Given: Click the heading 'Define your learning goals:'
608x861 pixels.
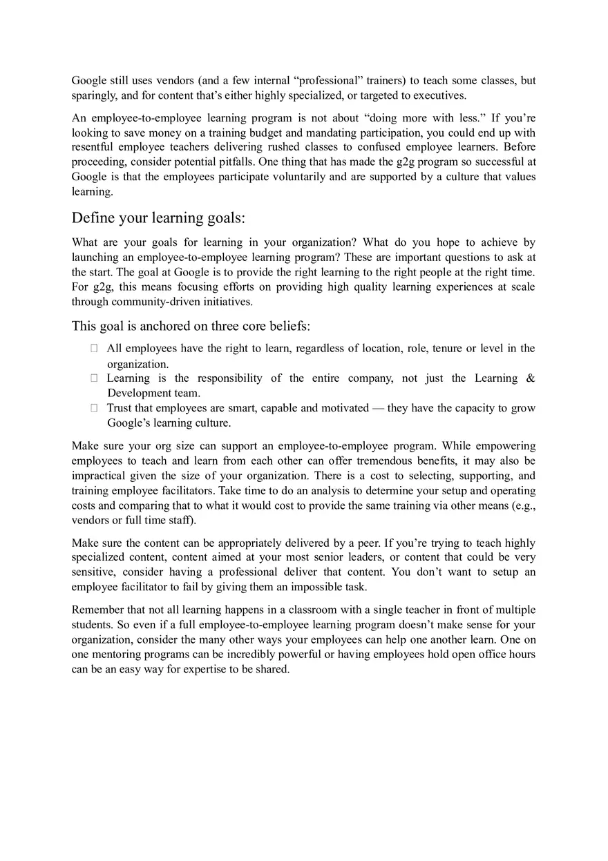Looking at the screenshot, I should [158, 218].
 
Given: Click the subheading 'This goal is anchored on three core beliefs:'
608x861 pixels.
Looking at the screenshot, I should [191, 326].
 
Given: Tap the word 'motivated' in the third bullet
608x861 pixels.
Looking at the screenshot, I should [345, 408].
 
